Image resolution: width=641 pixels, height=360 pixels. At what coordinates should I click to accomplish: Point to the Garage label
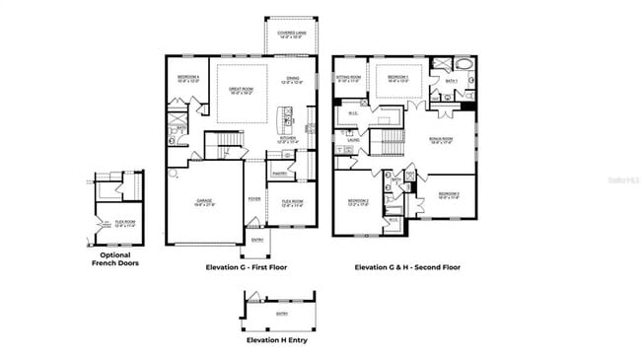click(x=204, y=202)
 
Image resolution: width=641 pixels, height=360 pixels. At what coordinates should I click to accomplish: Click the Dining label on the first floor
click(x=294, y=80)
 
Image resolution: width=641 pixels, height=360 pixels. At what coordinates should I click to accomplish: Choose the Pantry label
click(x=279, y=174)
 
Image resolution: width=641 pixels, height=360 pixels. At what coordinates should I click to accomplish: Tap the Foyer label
click(x=253, y=197)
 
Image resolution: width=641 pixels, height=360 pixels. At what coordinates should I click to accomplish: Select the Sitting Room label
click(x=348, y=78)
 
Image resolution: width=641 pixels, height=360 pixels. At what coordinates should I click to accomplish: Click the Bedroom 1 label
click(x=397, y=78)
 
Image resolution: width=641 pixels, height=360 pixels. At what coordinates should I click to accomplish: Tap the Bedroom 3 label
click(x=450, y=194)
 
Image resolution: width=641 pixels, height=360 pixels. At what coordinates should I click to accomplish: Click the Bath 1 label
click(x=452, y=81)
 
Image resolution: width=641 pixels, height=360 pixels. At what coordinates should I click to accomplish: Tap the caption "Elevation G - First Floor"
click(x=245, y=266)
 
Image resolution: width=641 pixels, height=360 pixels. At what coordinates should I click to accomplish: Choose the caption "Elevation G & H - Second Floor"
click(x=406, y=266)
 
